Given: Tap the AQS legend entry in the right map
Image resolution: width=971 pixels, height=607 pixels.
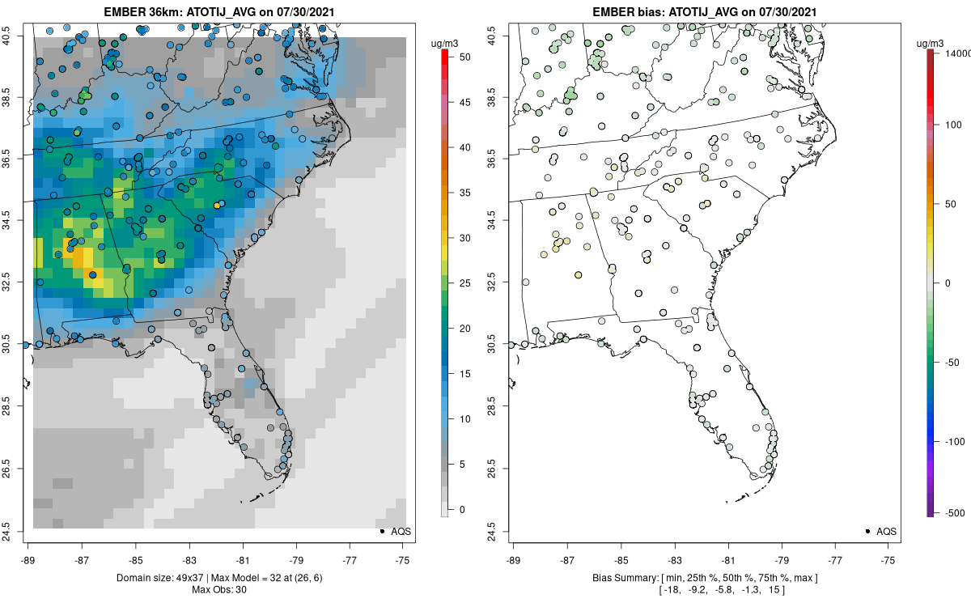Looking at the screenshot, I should tap(886, 532).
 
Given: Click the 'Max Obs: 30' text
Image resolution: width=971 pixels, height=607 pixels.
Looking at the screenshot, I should tap(219, 589).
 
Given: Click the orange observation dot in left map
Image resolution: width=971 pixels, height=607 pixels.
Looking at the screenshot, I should tap(217, 206).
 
